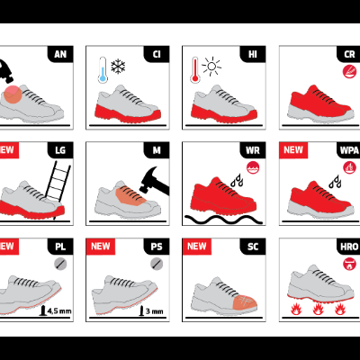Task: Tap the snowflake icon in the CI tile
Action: click(x=117, y=66)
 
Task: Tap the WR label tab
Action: click(x=251, y=150)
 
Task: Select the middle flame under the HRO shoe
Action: click(x=316, y=310)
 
